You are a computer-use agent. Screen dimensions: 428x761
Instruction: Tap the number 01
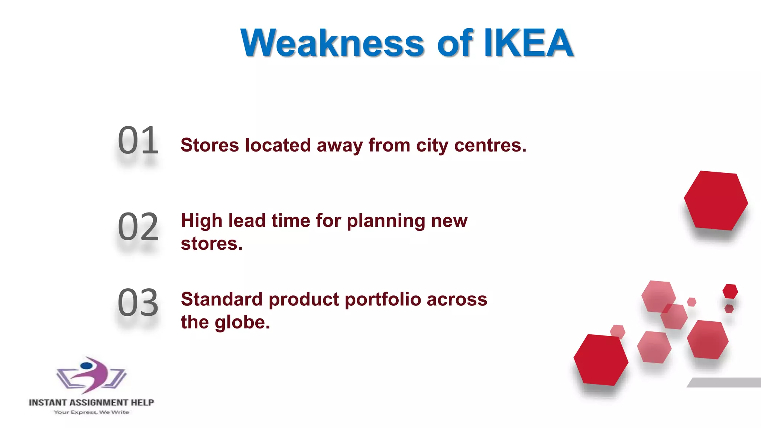click(138, 141)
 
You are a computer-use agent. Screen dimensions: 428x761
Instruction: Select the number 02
click(138, 227)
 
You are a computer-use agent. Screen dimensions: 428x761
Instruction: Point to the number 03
click(138, 303)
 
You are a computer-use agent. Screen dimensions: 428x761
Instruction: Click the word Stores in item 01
click(210, 145)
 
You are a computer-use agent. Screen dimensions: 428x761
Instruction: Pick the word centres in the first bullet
click(490, 145)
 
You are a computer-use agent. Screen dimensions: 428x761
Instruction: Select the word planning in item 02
click(386, 221)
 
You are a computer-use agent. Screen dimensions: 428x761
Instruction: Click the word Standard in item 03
click(222, 299)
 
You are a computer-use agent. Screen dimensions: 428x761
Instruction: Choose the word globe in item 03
click(242, 322)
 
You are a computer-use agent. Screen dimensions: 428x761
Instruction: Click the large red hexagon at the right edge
click(716, 201)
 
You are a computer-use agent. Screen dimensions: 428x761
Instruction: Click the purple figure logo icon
click(91, 375)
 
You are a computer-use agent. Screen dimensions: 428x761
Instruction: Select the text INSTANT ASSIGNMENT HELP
click(91, 402)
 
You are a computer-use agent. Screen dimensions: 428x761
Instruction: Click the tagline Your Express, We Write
click(91, 412)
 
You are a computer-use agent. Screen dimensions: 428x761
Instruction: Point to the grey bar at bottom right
click(725, 382)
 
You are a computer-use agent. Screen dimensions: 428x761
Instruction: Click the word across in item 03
click(457, 299)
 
